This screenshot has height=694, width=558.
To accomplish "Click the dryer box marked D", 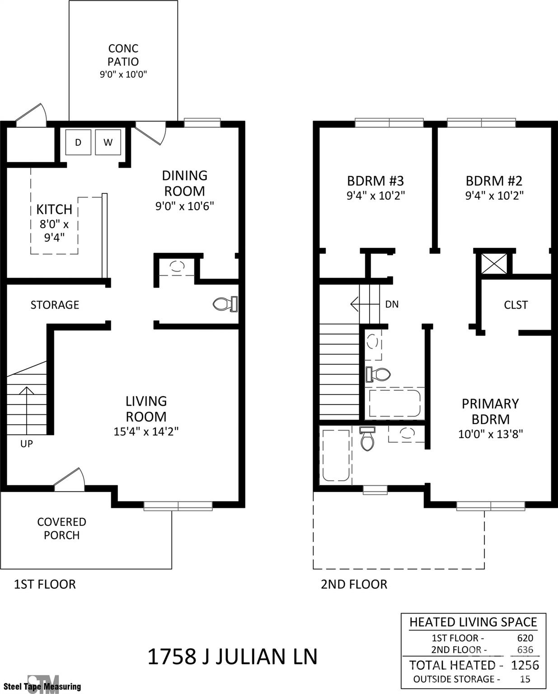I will click(x=78, y=142).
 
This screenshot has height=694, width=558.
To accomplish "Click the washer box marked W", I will click(x=108, y=142).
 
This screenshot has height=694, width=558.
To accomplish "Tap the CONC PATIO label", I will click(x=123, y=55).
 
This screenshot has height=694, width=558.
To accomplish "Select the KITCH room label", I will click(x=54, y=209).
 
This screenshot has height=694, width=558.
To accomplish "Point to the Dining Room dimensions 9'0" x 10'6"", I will click(x=184, y=206).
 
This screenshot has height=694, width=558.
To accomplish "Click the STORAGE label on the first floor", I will click(x=55, y=305).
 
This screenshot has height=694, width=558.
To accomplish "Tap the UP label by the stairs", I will click(x=27, y=444).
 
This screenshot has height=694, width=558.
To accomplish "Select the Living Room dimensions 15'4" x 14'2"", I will click(x=146, y=431).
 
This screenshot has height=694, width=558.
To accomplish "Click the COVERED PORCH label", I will click(x=61, y=528).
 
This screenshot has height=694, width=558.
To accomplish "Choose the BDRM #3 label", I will click(x=375, y=181).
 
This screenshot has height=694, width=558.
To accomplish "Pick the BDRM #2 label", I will click(x=494, y=181).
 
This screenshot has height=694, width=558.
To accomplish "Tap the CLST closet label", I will click(x=516, y=305).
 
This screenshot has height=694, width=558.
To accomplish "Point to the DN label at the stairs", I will click(x=392, y=305).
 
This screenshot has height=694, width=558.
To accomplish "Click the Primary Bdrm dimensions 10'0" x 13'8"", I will click(x=490, y=434).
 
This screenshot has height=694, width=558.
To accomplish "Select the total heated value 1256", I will click(x=525, y=665).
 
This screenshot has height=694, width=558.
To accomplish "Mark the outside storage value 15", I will click(x=525, y=679).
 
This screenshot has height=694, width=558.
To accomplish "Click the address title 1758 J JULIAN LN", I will click(x=232, y=656).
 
